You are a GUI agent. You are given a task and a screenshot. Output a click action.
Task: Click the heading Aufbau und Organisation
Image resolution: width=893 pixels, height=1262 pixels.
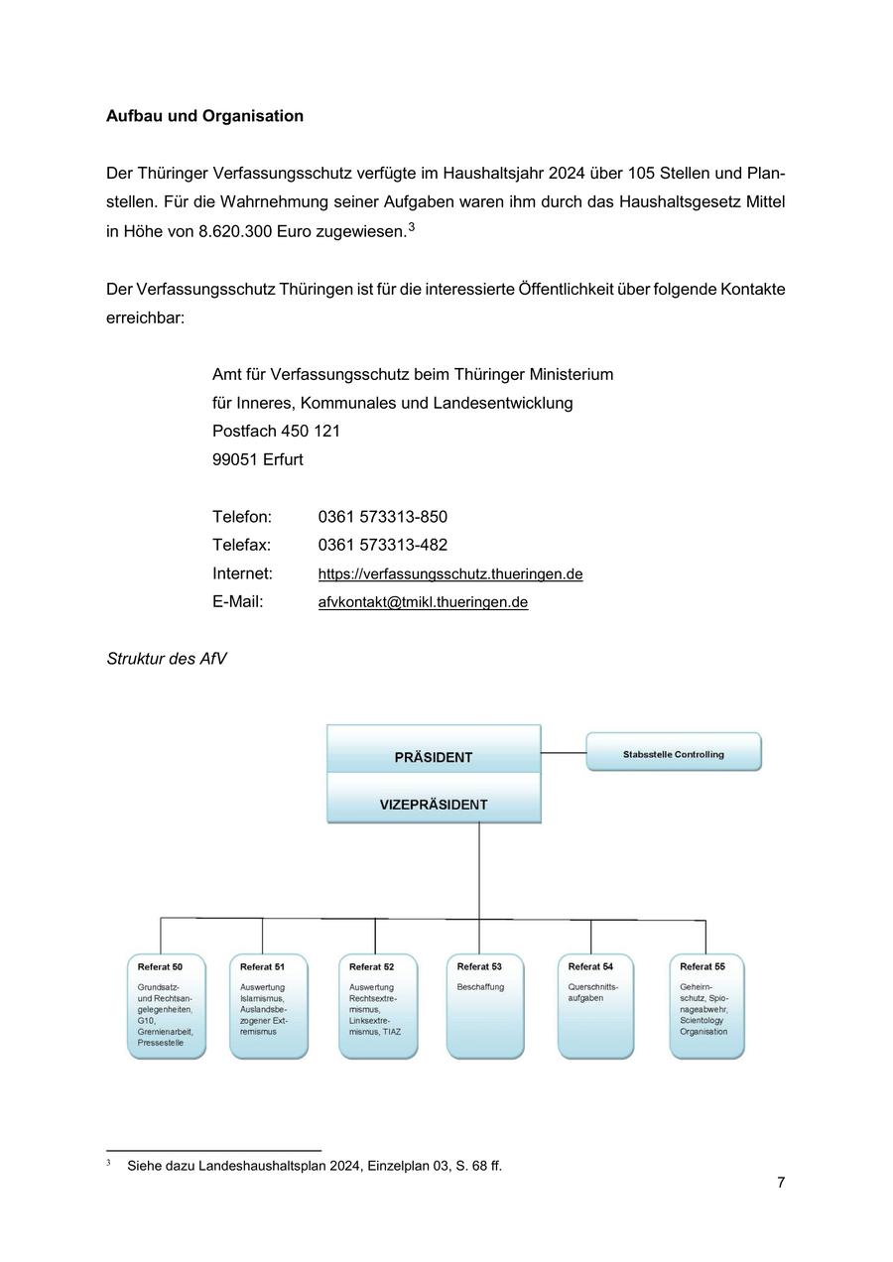coord(204,116)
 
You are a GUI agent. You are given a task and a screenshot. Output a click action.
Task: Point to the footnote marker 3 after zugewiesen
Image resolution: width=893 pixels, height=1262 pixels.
coord(412,228)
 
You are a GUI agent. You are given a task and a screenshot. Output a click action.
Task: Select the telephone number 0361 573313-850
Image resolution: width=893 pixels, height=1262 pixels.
coord(382,517)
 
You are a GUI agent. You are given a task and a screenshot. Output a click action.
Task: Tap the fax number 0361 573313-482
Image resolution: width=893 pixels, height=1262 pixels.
coord(382,545)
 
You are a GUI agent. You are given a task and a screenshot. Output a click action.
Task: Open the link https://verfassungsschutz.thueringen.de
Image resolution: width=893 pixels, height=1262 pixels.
coord(449,574)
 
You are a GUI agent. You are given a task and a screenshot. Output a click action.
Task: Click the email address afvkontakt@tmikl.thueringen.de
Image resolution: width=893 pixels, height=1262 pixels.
coord(423,602)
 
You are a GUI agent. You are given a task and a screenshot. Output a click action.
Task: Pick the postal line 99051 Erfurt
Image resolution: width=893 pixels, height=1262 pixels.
coord(258,459)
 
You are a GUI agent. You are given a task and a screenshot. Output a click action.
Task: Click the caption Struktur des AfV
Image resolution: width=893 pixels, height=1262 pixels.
coord(167,659)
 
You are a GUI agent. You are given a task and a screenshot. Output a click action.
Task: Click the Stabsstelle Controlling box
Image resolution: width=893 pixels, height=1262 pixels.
coord(674,752)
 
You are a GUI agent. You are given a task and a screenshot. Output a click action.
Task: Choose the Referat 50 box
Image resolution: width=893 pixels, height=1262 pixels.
coord(167,1006)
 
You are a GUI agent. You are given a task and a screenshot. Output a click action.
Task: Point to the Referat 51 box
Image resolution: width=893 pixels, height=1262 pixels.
coord(269,1006)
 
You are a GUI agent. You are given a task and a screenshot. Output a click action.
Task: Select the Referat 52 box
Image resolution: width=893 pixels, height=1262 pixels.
coord(378,1006)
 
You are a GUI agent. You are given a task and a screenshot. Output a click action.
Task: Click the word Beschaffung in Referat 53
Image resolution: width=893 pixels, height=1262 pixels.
coord(480,987)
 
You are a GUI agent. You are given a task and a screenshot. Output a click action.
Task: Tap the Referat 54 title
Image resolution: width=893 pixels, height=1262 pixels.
coord(590,966)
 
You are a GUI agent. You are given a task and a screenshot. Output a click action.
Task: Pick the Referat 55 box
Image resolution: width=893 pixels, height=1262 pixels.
coord(706,1006)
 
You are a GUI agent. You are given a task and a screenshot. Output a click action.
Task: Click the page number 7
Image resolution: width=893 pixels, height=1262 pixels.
coord(781,1183)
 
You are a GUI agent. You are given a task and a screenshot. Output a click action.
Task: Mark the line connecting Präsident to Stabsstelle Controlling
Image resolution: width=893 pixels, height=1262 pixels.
coord(564,753)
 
